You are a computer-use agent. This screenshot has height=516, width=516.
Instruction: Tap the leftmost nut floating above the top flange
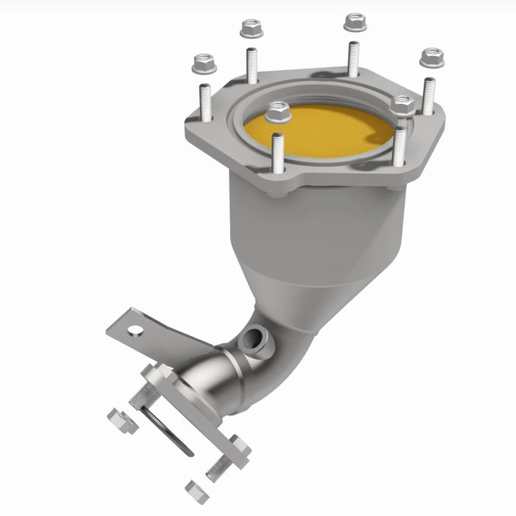204,64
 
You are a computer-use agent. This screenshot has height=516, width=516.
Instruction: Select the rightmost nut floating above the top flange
432,57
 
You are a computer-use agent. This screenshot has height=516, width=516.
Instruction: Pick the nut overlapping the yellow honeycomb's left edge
278,112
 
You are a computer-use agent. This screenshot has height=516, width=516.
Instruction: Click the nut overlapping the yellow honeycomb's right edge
402,105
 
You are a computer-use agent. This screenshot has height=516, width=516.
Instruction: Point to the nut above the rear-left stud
251,29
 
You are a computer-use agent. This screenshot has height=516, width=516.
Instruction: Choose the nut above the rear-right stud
355,22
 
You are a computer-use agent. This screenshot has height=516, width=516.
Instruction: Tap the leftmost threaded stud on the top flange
205,103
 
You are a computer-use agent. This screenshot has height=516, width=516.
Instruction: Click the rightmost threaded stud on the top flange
428,96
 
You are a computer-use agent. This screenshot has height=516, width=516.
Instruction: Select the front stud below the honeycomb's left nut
278,153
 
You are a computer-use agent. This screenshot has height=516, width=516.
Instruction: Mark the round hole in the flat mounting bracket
133,324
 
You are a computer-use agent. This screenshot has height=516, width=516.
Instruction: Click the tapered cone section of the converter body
310,295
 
